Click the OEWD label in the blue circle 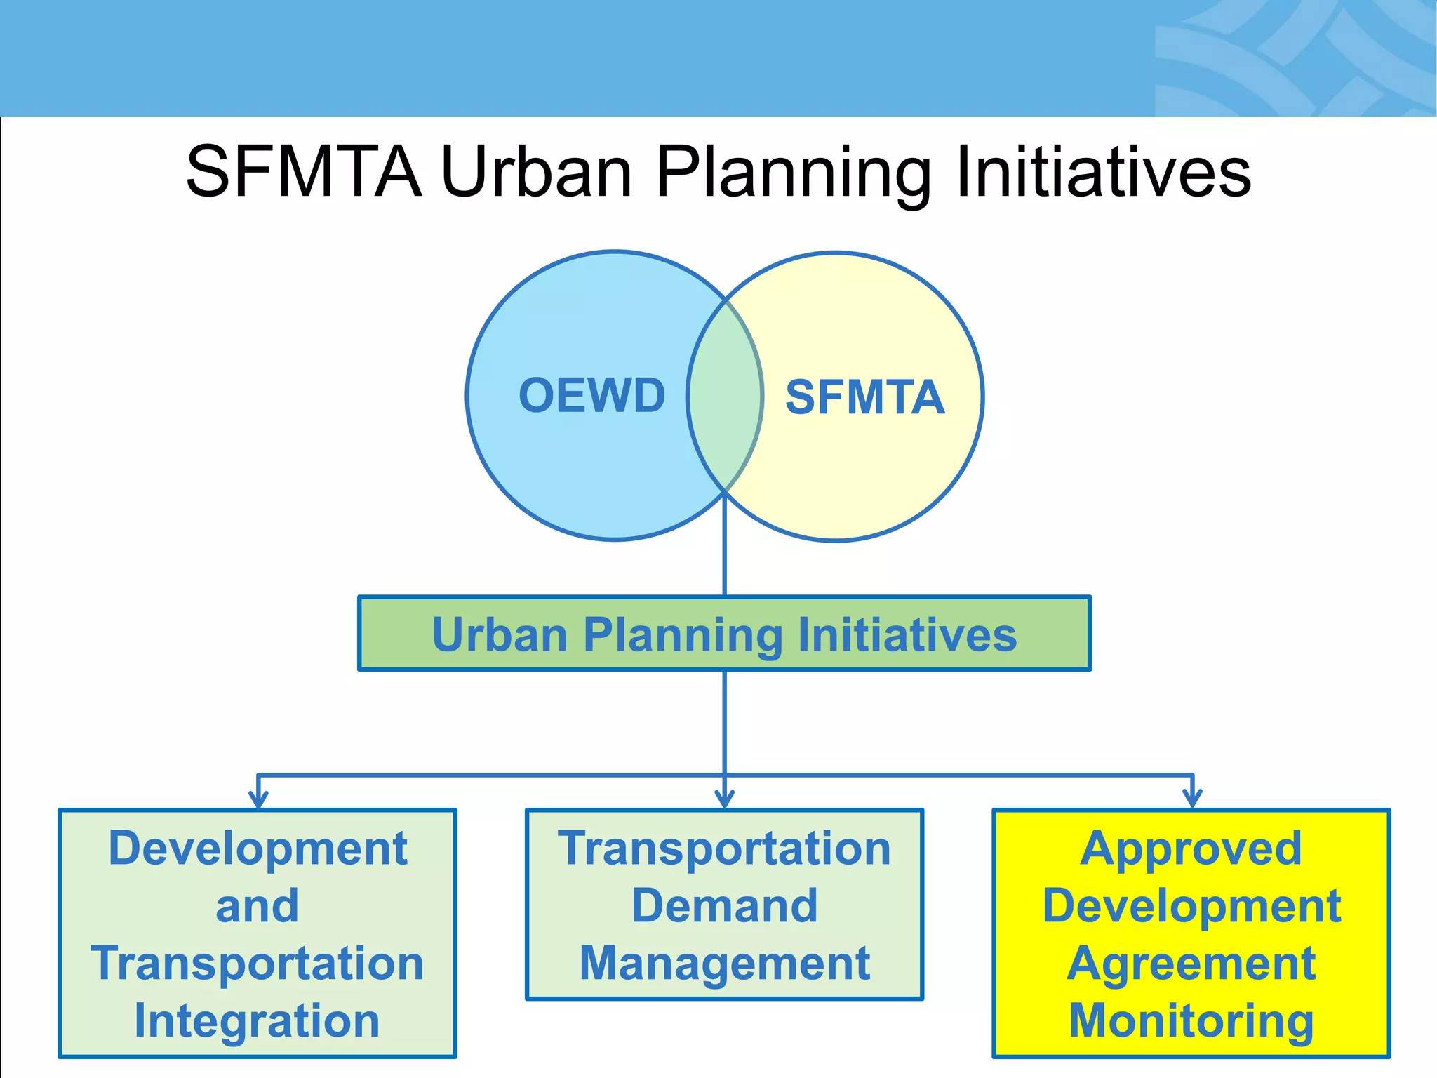coord(591,395)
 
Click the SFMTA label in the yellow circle coord(864,397)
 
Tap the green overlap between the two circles coord(725,397)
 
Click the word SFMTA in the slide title coord(304,171)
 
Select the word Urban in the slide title coord(537,171)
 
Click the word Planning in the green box coord(682,635)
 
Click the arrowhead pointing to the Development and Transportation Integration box coord(258,799)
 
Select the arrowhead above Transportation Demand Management coord(724,799)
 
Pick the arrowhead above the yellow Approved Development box coord(1192,799)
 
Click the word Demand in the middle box coord(724,905)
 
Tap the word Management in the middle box coord(724,964)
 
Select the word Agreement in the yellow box coord(1191,964)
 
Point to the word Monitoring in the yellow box coord(1191,1020)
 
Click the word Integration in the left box coord(257,1020)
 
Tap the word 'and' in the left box coord(257,905)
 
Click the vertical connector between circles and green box coord(724,554)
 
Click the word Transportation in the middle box coord(724,848)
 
